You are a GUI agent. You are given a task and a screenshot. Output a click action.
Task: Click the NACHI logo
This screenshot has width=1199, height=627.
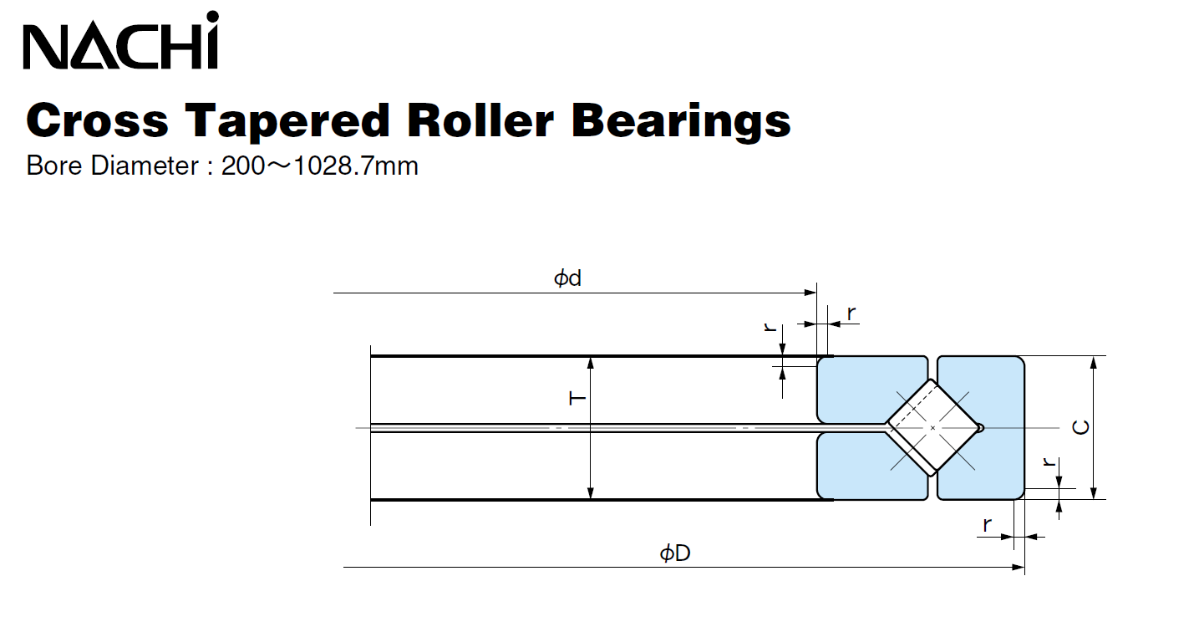121,42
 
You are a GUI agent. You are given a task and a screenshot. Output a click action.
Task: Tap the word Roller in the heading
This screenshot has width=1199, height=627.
480,120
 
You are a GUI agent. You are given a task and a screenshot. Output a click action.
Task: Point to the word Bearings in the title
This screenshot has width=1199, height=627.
681,120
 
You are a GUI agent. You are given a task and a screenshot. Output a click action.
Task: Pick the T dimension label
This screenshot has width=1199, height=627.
577,399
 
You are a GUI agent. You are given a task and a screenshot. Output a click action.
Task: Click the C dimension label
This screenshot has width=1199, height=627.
1080,427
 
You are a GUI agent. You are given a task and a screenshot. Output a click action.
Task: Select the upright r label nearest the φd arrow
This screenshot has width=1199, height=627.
851,313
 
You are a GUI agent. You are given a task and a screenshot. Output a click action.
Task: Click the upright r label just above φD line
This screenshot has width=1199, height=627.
987,526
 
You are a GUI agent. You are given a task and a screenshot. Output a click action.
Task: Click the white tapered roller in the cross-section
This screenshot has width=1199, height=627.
932,427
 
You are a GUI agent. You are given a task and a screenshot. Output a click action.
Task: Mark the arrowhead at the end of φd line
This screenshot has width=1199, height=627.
810,293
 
